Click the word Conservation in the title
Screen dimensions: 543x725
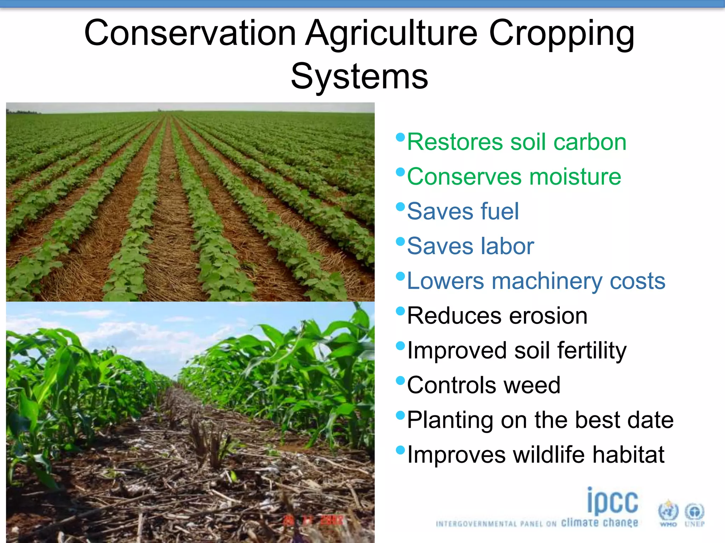(190, 33)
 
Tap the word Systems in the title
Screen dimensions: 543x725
(359, 76)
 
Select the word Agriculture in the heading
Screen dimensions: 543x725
(392, 33)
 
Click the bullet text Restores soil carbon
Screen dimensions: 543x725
(516, 142)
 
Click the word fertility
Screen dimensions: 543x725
(592, 350)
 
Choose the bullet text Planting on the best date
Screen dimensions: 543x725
(540, 420)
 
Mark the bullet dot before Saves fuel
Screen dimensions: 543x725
(400, 206)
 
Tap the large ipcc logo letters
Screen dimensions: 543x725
(612, 501)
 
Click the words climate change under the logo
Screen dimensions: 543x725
(599, 522)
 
